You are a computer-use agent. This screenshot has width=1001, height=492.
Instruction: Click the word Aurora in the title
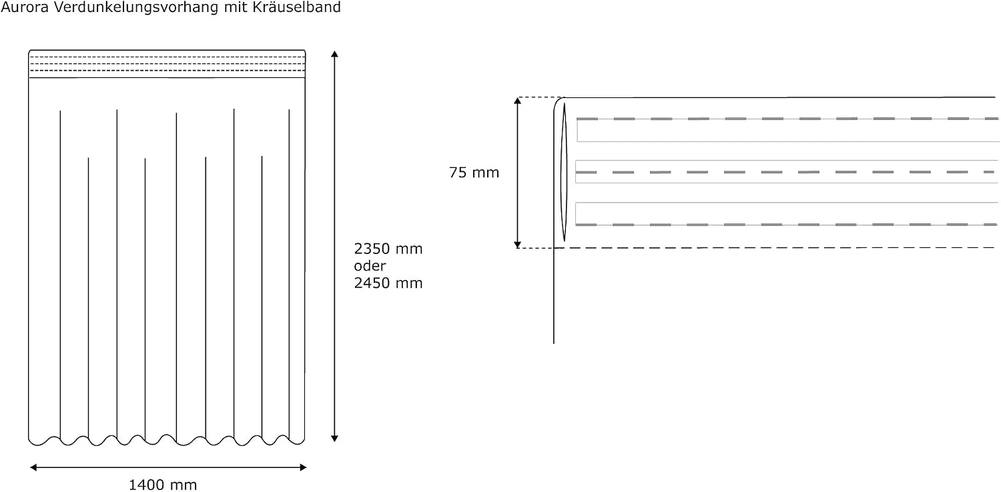click(x=25, y=7)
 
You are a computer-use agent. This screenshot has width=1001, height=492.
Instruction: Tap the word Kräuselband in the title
click(x=296, y=7)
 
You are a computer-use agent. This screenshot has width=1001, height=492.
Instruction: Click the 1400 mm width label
click(x=163, y=485)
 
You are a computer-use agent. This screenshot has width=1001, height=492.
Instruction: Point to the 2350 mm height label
click(x=388, y=249)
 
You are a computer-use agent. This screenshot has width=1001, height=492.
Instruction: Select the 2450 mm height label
click(x=388, y=283)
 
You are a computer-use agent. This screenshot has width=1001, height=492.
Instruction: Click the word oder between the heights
click(x=370, y=266)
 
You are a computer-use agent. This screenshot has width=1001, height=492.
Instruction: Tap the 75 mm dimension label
click(x=474, y=173)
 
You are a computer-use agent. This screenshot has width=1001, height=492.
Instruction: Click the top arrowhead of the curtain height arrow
click(x=334, y=54)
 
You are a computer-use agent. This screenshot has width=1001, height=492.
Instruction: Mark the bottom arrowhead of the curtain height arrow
click(x=334, y=439)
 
